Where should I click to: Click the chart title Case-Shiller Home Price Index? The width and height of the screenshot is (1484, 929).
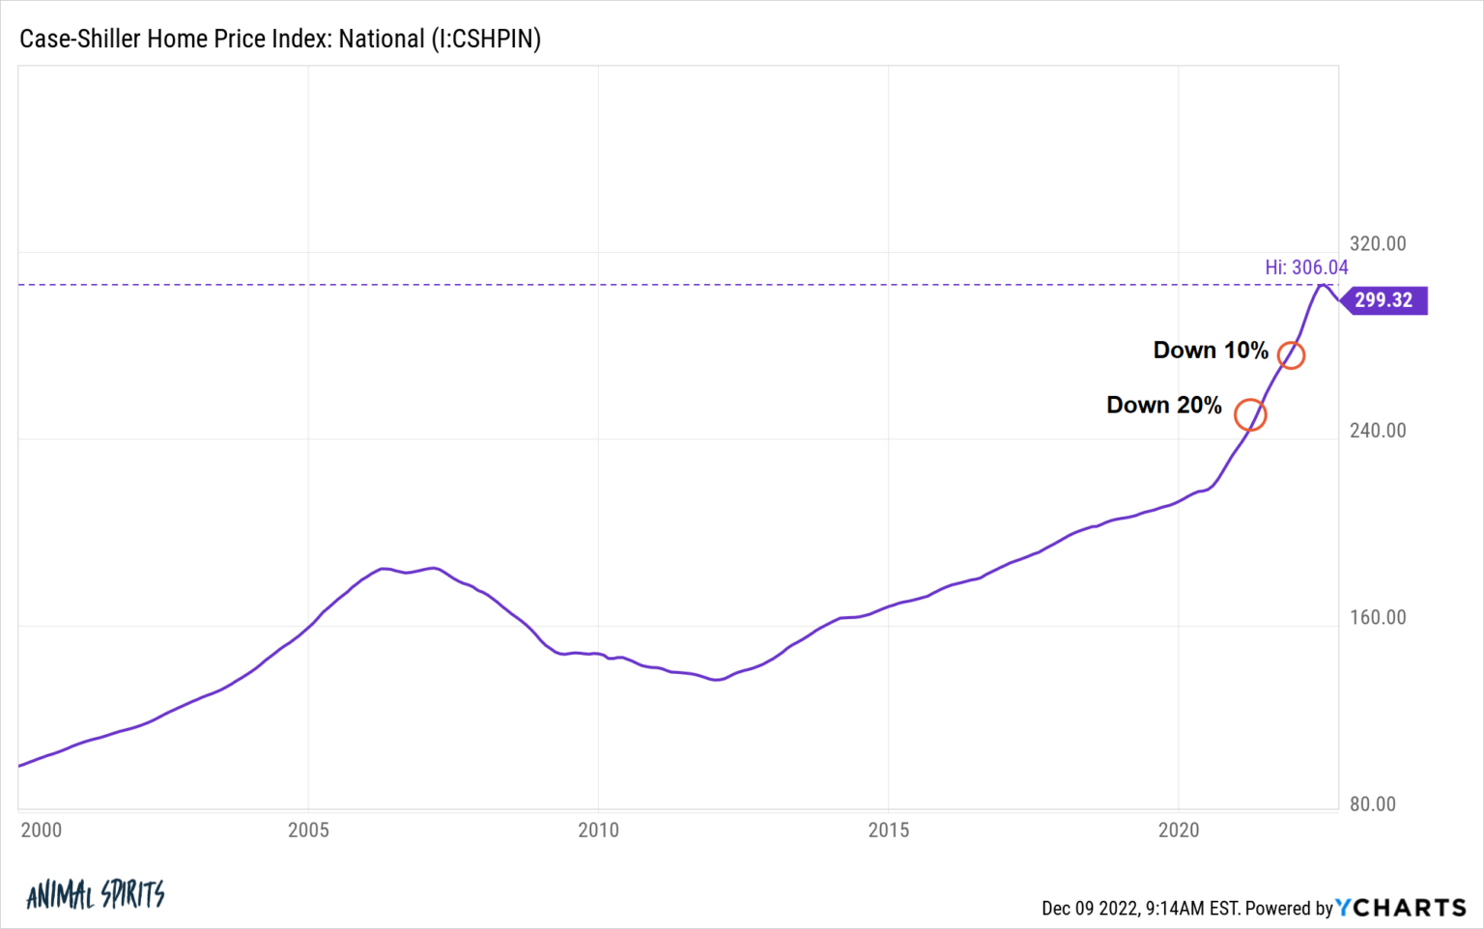(x=280, y=39)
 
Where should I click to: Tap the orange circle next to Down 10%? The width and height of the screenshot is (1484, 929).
(x=1291, y=355)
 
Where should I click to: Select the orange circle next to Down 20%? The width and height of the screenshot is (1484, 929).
(x=1250, y=415)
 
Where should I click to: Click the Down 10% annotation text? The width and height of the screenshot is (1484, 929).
(x=1210, y=351)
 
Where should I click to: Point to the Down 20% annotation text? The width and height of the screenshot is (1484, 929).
(x=1163, y=406)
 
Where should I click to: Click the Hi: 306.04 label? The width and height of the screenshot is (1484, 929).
(x=1306, y=267)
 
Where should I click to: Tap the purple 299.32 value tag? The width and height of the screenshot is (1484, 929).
(x=1384, y=300)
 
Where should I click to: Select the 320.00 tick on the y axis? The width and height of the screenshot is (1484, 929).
(x=1378, y=243)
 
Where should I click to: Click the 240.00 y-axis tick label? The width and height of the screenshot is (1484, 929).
(x=1378, y=431)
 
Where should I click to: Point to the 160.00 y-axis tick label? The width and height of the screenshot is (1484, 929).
(x=1378, y=617)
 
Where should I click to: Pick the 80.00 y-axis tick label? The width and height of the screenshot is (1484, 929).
(x=1372, y=804)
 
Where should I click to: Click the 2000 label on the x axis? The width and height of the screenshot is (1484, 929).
(x=41, y=830)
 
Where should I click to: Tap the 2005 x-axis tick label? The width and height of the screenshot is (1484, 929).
(x=308, y=830)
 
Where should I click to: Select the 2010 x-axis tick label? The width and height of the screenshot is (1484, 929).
(x=598, y=830)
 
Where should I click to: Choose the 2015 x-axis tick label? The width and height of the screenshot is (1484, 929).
(x=888, y=830)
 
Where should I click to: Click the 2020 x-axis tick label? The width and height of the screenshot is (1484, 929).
(x=1178, y=830)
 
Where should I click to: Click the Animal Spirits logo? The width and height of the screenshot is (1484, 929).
(x=96, y=895)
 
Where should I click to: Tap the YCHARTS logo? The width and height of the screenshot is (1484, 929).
(x=1401, y=908)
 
